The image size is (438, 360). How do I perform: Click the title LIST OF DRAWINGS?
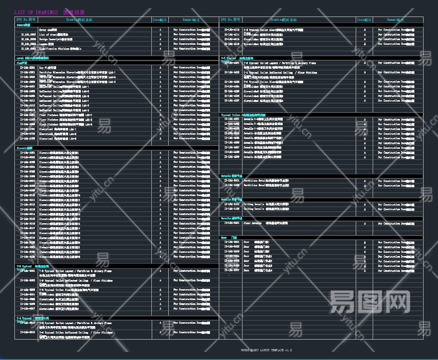[x=36, y=12]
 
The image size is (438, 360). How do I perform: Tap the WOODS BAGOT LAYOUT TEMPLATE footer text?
[x=266, y=350]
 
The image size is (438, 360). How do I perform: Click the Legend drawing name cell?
[x=46, y=44]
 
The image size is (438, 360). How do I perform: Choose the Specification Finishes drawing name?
[x=60, y=49]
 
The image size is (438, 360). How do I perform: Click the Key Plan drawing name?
[x=47, y=68]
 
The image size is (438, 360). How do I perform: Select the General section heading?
[x=23, y=25]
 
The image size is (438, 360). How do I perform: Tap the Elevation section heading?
[x=24, y=148]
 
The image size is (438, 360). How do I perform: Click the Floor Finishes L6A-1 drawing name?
[x=65, y=115]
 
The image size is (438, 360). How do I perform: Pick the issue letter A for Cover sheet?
[x=160, y=30]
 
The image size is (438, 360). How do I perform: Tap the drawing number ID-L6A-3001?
[x=27, y=153]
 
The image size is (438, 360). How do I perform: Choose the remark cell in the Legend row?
[x=191, y=44]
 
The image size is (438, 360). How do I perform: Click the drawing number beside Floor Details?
[x=232, y=223]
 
